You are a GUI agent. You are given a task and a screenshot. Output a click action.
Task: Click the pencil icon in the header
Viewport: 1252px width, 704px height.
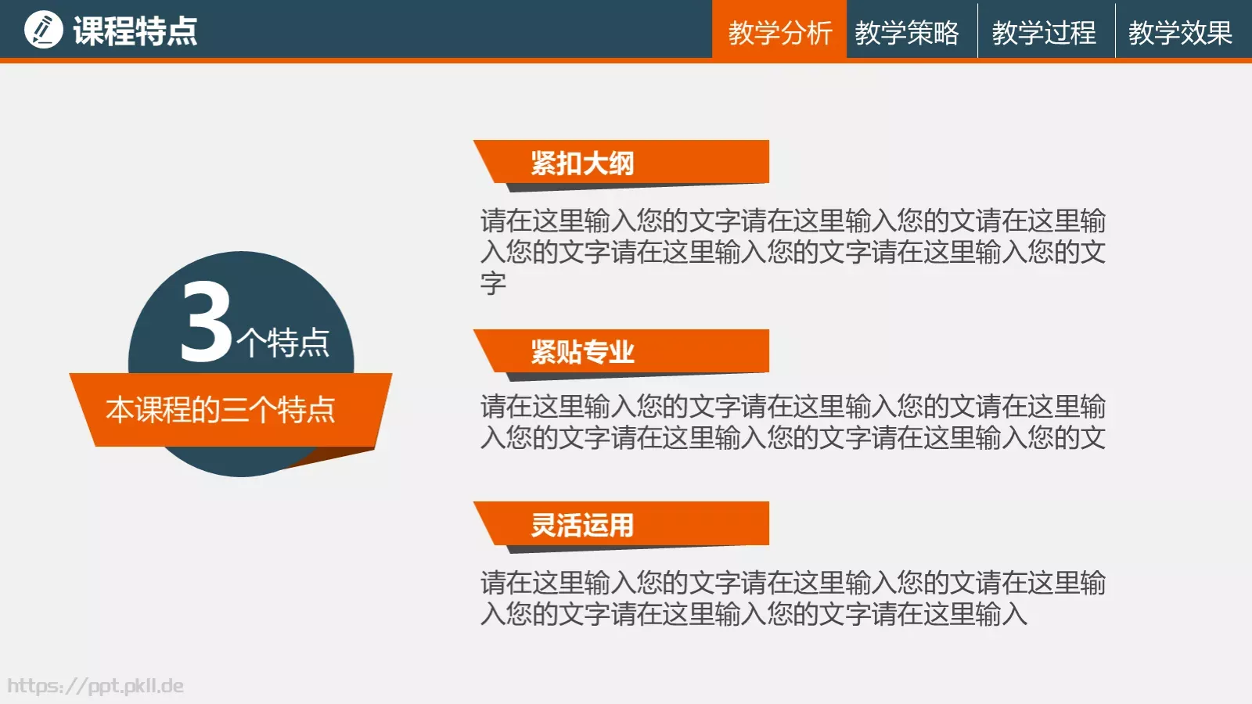pyautogui.click(x=44, y=31)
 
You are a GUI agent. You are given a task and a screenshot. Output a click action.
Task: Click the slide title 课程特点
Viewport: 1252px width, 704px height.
pyautogui.click(x=135, y=31)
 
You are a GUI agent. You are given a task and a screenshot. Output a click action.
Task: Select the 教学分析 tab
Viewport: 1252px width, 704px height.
pyautogui.click(x=779, y=33)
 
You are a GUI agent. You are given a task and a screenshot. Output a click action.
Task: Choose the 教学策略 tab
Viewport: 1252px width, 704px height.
pyautogui.click(x=907, y=33)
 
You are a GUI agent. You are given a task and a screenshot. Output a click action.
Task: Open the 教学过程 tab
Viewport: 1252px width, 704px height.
pyautogui.click(x=1044, y=33)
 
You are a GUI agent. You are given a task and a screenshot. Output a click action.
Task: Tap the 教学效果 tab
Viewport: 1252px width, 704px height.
pyautogui.click(x=1180, y=33)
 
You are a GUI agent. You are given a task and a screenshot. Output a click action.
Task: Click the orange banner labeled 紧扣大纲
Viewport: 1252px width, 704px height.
pyautogui.click(x=626, y=162)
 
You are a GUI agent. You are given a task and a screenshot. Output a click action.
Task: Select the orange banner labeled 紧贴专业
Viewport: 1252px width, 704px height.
pyautogui.click(x=626, y=351)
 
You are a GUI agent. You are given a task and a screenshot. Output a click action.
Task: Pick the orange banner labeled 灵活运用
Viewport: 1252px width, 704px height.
pyautogui.click(x=626, y=523)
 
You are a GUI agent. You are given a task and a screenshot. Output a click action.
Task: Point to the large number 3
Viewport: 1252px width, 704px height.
pyautogui.click(x=206, y=323)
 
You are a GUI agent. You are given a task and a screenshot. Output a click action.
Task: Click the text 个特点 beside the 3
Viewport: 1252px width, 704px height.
pyautogui.click(x=283, y=343)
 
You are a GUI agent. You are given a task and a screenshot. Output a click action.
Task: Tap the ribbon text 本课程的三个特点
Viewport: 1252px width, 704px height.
pyautogui.click(x=221, y=410)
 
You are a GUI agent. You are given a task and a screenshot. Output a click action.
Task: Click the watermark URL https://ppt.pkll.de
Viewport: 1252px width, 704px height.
pyautogui.click(x=95, y=686)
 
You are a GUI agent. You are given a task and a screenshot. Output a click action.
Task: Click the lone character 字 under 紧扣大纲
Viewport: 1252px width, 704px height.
pyautogui.click(x=494, y=283)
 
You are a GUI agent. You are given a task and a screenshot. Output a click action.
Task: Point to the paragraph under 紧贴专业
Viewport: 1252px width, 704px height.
pyautogui.click(x=793, y=422)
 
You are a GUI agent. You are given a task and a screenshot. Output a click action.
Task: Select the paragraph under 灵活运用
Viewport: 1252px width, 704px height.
pyautogui.click(x=793, y=598)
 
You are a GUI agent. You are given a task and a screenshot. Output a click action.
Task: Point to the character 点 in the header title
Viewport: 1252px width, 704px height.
pyautogui.click(x=182, y=31)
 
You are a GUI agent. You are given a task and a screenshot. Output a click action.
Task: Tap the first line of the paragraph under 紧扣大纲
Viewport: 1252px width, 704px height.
pyautogui.click(x=793, y=221)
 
